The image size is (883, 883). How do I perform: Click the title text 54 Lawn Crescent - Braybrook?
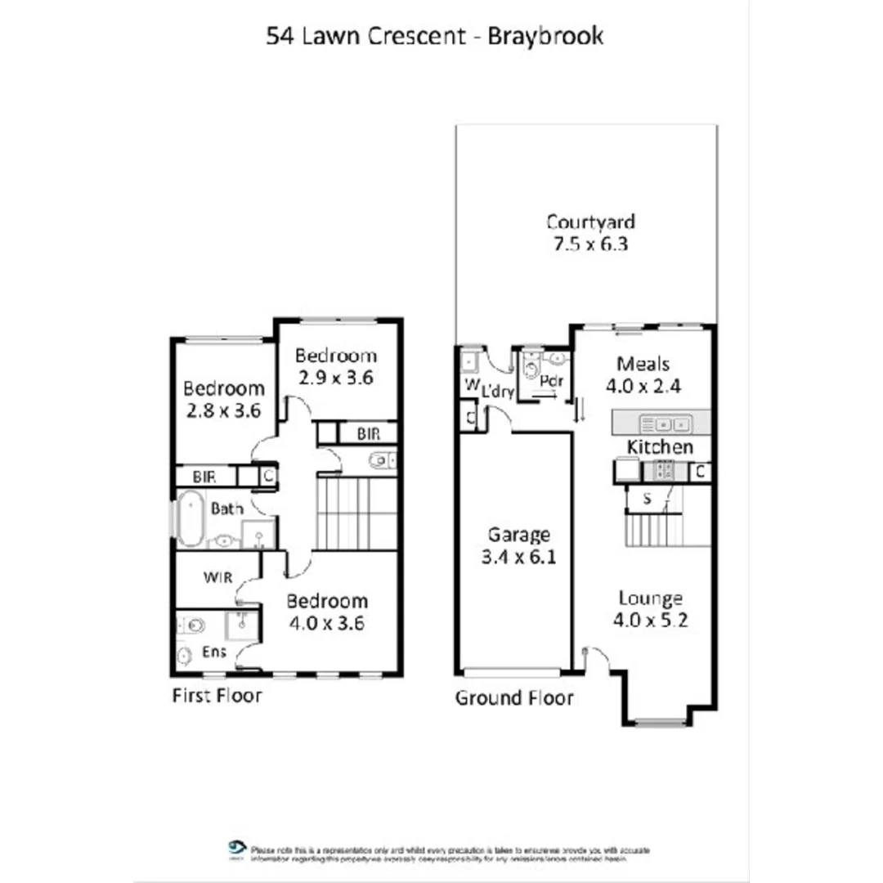pyautogui.click(x=434, y=37)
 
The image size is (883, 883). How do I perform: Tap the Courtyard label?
pyautogui.click(x=590, y=222)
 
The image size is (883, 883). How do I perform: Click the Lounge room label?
pyautogui.click(x=650, y=598)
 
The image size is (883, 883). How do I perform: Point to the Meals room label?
pyautogui.click(x=643, y=363)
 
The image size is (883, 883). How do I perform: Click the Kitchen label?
pyautogui.click(x=660, y=446)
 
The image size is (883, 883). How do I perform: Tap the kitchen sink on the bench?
pyautogui.click(x=666, y=424)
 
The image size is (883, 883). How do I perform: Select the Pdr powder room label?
pyautogui.click(x=553, y=381)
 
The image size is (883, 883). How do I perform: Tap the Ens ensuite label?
pyautogui.click(x=214, y=652)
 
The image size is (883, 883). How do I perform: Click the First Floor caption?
pyautogui.click(x=217, y=696)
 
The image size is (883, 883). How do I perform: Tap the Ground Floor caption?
pyautogui.click(x=514, y=698)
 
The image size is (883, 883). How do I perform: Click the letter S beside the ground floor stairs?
pyautogui.click(x=647, y=499)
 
